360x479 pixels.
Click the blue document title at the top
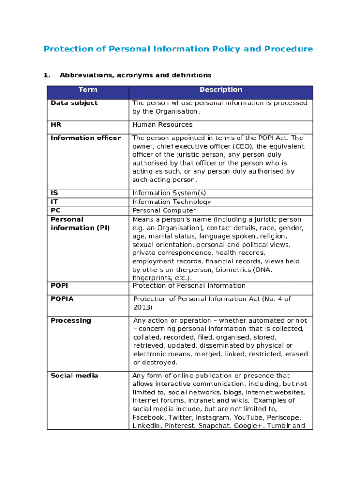point(178,49)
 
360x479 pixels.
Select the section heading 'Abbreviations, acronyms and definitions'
point(136,75)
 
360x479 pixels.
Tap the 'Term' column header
point(88,90)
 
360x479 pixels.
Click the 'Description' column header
point(221,90)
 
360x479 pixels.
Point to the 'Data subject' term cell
point(74,103)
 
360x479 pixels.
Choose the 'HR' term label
point(56,125)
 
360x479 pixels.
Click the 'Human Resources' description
point(162,125)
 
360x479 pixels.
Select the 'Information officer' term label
point(86,138)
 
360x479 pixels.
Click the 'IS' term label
point(54,193)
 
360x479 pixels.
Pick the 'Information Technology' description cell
point(172,202)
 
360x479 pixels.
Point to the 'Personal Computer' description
point(164,210)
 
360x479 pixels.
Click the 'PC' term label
point(55,210)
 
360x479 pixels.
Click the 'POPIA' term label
point(62,299)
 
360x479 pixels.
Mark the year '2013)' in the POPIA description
point(143,307)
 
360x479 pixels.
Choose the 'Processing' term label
point(71,321)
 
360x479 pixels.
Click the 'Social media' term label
point(74,376)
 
